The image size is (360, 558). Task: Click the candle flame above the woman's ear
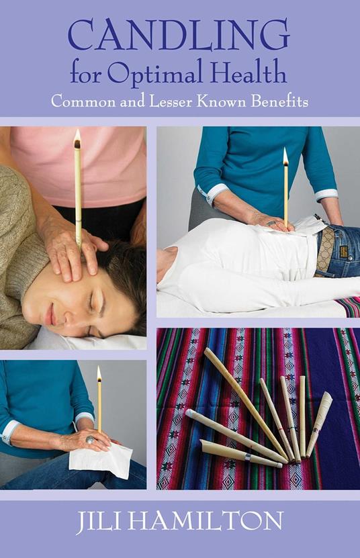tap(77, 138)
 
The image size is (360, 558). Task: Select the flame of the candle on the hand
tap(99, 374)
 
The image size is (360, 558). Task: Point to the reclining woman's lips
tap(51, 313)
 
